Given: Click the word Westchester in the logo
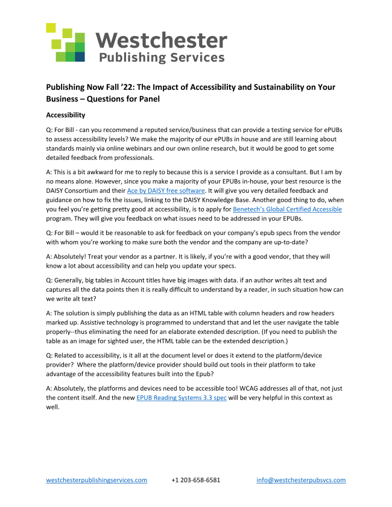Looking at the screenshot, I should (162, 40).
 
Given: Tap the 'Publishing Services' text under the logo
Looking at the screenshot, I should (161, 58).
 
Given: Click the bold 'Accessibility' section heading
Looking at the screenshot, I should (66, 115).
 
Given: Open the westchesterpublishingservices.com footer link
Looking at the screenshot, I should (97, 480).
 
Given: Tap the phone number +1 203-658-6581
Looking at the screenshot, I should (195, 480).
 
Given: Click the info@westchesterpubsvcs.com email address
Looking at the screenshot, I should (301, 480).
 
